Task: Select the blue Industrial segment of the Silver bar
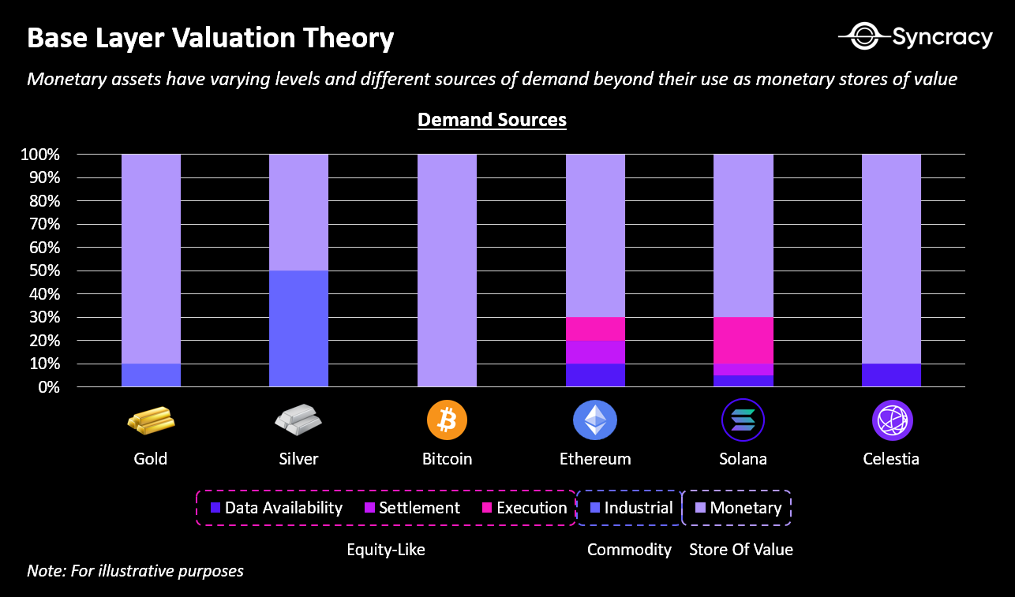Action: (298, 328)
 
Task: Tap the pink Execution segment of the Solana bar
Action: (743, 340)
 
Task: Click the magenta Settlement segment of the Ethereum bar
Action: (595, 352)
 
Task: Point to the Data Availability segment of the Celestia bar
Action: (891, 375)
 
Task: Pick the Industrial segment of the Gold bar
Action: (151, 375)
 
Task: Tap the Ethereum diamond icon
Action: (595, 420)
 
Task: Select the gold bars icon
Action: (151, 420)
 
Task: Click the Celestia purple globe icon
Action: (892, 420)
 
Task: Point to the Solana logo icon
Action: (743, 420)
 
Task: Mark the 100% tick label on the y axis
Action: (39, 155)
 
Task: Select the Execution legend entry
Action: (524, 508)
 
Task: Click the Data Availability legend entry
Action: (276, 508)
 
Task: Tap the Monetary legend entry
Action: (738, 508)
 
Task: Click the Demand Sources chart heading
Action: (492, 120)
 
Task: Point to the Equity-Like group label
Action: (386, 550)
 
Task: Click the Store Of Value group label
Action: (741, 550)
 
